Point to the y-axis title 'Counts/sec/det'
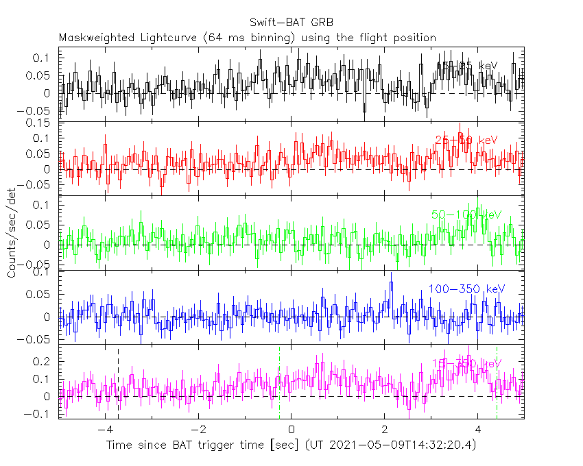(x=12, y=236)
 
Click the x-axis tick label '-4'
(x=104, y=430)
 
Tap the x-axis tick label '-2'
(x=198, y=430)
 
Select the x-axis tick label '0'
(x=291, y=430)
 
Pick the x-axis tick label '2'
(x=385, y=430)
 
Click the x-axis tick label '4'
(x=478, y=430)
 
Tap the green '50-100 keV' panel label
(x=466, y=214)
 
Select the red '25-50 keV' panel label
(x=466, y=140)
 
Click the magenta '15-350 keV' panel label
(x=466, y=363)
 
